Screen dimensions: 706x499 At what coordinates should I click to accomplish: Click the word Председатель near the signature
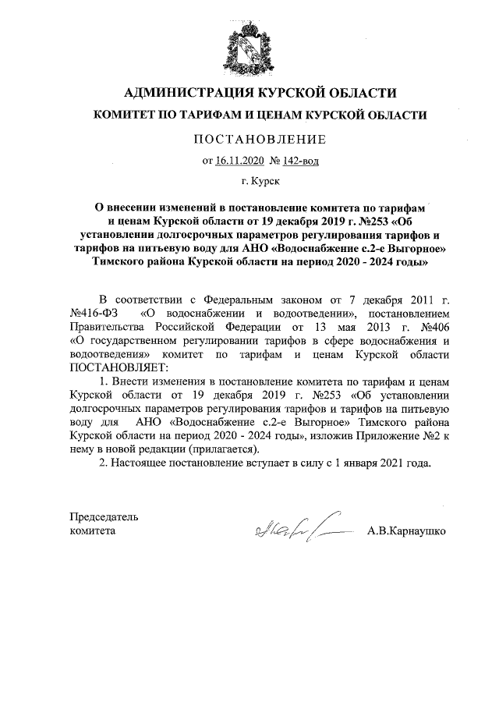[104, 516]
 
